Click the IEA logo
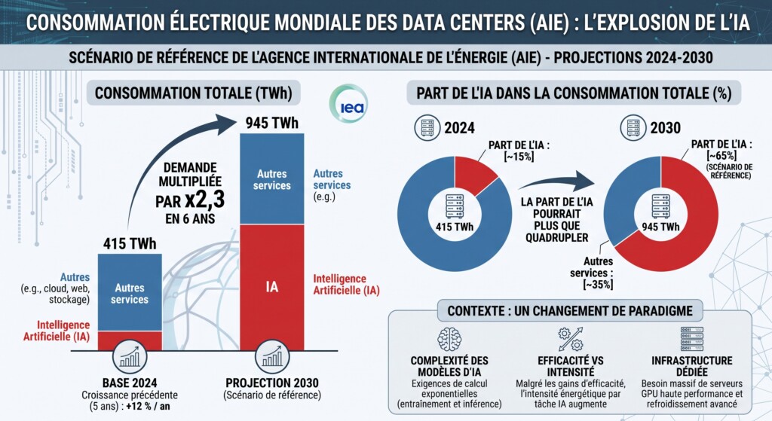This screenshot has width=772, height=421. (x=348, y=103)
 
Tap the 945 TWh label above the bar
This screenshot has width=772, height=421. (x=271, y=123)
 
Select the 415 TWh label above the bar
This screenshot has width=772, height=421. (x=130, y=243)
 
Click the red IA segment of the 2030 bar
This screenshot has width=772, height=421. (x=271, y=287)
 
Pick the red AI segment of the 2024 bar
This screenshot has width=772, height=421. (x=130, y=340)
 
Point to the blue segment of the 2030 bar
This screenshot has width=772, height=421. (x=271, y=179)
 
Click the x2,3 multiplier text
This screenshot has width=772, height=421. (x=205, y=199)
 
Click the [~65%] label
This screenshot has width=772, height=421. (x=721, y=155)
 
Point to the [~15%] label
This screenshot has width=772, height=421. (x=519, y=157)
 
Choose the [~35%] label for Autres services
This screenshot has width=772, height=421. (x=598, y=284)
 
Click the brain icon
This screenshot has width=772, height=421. (x=449, y=339)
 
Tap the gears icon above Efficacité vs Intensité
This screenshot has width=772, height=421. (x=571, y=339)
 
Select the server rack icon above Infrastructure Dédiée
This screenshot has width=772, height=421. (x=692, y=339)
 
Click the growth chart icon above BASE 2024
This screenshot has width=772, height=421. (x=130, y=357)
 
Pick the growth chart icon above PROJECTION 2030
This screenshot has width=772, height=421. (x=271, y=357)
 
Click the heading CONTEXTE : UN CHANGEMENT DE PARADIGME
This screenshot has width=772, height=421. (x=570, y=311)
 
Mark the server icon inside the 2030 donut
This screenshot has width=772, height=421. (x=660, y=206)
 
